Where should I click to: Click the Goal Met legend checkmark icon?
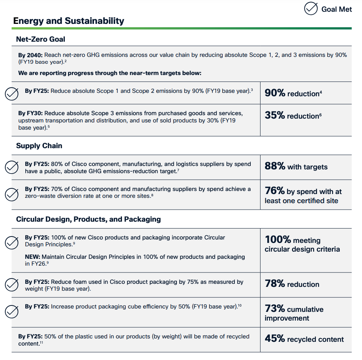(311, 9)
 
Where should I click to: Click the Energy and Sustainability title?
(69, 21)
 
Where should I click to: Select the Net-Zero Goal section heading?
(41, 39)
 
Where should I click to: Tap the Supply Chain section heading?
(39, 146)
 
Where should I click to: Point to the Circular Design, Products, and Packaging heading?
(88, 219)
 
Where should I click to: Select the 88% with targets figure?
(296, 166)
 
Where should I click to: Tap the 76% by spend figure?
(303, 196)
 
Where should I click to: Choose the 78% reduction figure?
(292, 284)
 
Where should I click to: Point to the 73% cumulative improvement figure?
(294, 313)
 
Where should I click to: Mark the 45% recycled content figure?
(304, 339)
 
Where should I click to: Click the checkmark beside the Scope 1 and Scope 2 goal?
(12, 94)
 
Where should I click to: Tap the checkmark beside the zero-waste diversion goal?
(12, 194)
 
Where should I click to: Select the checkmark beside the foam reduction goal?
(12, 285)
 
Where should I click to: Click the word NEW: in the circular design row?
(33, 257)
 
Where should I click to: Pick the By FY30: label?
(30, 113)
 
